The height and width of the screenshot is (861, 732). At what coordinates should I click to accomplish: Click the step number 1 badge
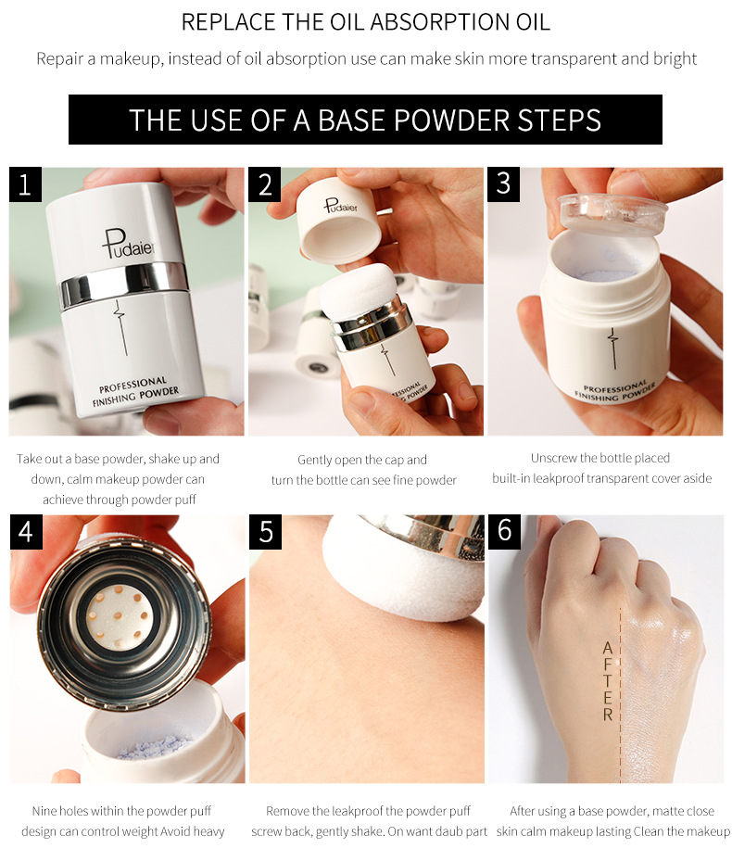(25, 184)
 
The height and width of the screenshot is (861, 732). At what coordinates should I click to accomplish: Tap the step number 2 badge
(265, 184)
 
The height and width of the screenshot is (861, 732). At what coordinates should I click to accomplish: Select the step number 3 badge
(503, 184)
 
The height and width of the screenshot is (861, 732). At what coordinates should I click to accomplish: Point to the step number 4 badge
(26, 532)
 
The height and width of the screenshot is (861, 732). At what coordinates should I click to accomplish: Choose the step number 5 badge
(265, 532)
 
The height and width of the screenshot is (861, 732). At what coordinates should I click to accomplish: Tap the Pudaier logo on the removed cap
(340, 206)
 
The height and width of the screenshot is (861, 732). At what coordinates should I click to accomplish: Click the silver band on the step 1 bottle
(124, 284)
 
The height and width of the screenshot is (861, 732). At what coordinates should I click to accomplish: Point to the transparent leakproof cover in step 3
(612, 212)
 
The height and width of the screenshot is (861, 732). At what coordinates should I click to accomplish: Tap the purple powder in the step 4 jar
(155, 746)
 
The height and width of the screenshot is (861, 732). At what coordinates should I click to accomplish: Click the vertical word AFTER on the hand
(607, 681)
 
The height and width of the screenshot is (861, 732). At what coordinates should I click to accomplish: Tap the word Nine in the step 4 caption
(44, 810)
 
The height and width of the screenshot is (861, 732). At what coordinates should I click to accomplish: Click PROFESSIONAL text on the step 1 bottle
(133, 385)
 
